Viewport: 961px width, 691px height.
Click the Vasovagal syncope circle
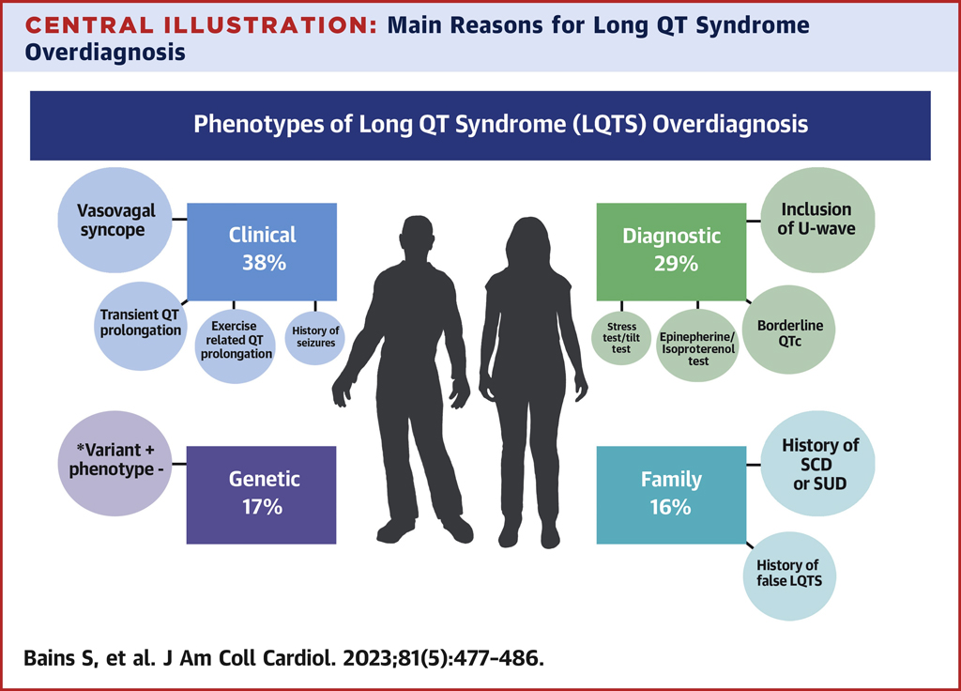(114, 220)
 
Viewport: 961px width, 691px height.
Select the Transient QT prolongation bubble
(141, 326)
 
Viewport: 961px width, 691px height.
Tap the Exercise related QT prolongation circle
(236, 345)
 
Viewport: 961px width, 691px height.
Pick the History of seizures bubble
(315, 337)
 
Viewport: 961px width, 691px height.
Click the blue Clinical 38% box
(262, 252)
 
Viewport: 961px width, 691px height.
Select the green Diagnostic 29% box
(671, 252)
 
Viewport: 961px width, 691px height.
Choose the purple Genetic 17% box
(262, 495)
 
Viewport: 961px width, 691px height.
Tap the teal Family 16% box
(671, 495)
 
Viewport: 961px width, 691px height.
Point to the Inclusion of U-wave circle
(817, 220)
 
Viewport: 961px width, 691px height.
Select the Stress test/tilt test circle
(621, 338)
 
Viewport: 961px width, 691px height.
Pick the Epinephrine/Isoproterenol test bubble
(697, 345)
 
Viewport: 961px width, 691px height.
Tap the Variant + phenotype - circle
(114, 464)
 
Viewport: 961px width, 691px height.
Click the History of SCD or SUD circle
(817, 464)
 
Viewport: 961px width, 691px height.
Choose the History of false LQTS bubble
(789, 576)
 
